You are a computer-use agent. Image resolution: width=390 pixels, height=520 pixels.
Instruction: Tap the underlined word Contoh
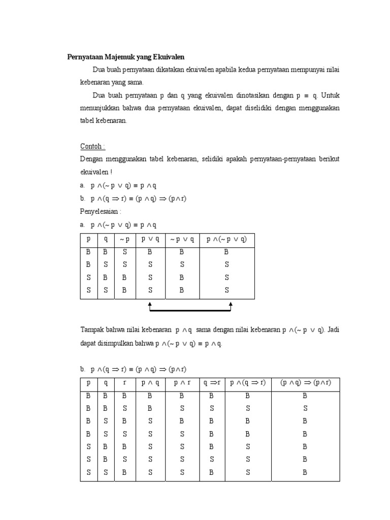pos(92,146)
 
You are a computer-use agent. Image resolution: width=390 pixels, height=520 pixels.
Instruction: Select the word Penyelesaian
pos(101,211)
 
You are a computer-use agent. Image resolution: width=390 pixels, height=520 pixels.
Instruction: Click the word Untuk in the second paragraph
pos(330,95)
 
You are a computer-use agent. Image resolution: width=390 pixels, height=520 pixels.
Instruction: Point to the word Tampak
pos(92,330)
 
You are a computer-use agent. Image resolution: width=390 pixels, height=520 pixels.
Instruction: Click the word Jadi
pos(333,330)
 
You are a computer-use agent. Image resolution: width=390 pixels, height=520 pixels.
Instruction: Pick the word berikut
pos(328,159)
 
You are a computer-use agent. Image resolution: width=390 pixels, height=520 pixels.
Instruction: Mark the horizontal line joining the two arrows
pos(190,311)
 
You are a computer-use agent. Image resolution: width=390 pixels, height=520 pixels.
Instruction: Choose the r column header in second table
pos(124,383)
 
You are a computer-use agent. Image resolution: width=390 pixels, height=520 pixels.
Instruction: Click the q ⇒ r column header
pos(212,383)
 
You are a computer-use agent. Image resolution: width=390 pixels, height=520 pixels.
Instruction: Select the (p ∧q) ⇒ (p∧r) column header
pos(305,383)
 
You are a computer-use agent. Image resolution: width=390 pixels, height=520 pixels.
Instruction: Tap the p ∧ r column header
pos(182,383)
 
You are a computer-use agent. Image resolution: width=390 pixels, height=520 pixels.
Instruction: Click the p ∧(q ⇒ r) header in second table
pos(248,383)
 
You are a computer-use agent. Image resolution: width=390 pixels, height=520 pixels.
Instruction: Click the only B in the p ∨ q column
pos(150,251)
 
